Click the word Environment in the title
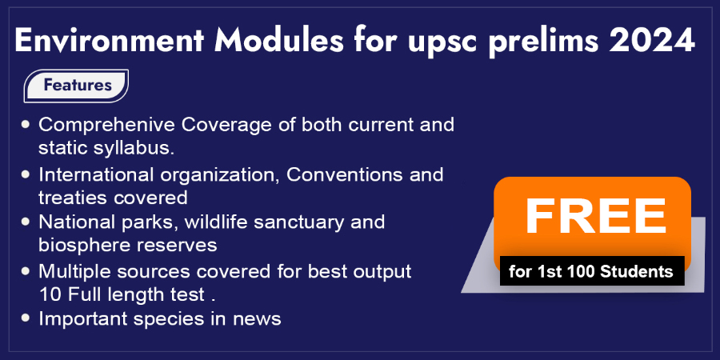pos(110,41)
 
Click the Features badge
pos(76,86)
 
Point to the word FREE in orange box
pos(595,216)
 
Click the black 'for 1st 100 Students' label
pos(592,271)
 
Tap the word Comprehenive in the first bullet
pos(106,126)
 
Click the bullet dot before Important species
pos(26,318)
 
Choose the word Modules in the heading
pos(278,41)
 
